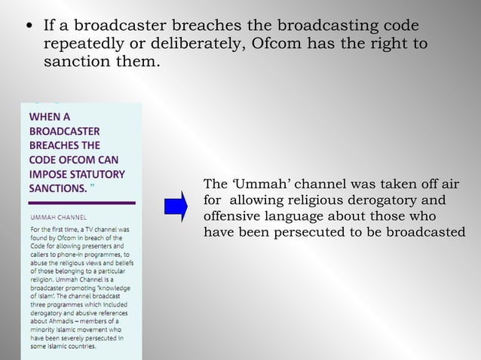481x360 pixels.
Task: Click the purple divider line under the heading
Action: tap(78, 203)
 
